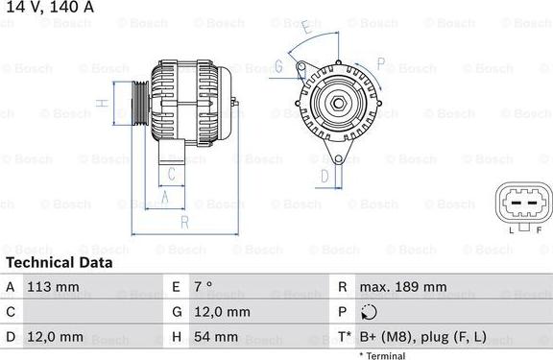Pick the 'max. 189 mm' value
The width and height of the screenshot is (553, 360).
403,287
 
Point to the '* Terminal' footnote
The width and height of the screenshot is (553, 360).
382,355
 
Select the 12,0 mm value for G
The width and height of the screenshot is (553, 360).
224,312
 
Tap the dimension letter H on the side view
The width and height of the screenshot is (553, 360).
100,103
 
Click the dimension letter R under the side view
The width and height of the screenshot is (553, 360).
183,222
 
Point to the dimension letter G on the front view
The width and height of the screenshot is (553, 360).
278,66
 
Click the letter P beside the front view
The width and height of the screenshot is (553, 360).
380,64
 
